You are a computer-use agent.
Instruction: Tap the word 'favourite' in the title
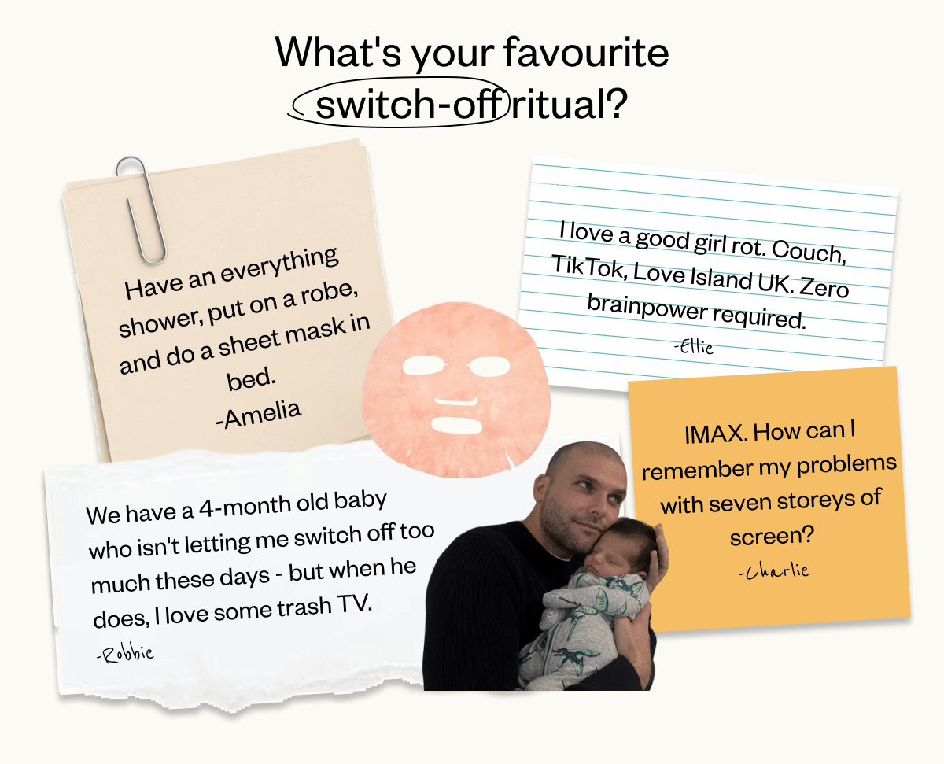pos(586,53)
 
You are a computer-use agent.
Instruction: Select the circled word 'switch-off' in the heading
pos(411,104)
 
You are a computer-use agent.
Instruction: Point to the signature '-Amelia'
pos(258,415)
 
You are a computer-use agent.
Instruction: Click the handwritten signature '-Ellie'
pos(694,347)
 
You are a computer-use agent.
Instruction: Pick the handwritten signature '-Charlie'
pos(774,570)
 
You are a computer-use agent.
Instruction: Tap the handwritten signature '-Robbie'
pos(125,655)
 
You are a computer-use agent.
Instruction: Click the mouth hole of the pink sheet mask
pos(456,425)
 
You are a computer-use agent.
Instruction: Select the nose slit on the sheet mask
pos(455,401)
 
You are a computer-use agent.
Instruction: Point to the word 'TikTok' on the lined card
pos(589,267)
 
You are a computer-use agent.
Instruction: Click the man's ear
pos(540,489)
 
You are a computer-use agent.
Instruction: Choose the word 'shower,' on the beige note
pos(160,323)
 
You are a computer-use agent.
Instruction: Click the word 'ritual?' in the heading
pos(570,104)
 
